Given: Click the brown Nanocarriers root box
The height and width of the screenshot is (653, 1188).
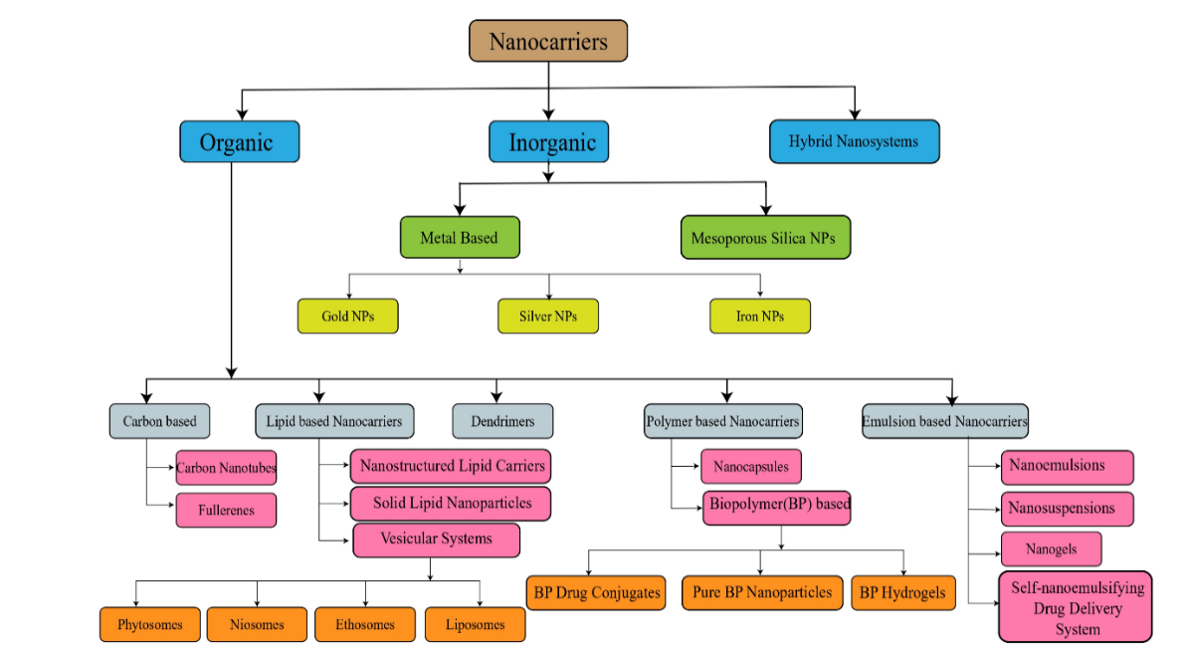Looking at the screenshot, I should [548, 42].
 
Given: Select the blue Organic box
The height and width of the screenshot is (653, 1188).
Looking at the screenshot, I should [239, 141].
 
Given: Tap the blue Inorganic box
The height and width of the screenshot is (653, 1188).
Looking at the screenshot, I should [548, 141].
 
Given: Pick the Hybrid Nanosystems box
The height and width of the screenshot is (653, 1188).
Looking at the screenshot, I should [854, 141].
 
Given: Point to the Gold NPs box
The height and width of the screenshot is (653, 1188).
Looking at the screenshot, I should [348, 317].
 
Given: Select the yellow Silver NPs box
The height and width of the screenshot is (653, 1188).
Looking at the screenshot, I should [547, 317].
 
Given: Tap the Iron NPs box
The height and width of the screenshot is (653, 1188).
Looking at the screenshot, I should [760, 317].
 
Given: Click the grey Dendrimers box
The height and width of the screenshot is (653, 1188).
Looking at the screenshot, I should [502, 421].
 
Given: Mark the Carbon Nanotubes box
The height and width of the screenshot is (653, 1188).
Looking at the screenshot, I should [226, 468].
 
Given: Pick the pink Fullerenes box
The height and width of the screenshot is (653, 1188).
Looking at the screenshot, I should [226, 511].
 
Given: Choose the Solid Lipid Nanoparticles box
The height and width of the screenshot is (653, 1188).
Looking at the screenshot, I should [451, 503].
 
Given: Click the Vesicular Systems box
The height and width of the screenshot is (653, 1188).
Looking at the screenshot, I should [436, 540].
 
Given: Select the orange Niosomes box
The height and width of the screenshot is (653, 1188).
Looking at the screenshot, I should [257, 625].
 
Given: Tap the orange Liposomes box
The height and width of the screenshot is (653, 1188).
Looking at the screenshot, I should [475, 625].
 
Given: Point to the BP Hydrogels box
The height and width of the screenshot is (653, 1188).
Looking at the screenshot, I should [902, 592].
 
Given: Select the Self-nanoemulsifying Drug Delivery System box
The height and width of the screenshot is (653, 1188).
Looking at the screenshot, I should [1075, 607].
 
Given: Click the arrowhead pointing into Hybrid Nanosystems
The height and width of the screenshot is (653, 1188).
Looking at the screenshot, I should [854, 116].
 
